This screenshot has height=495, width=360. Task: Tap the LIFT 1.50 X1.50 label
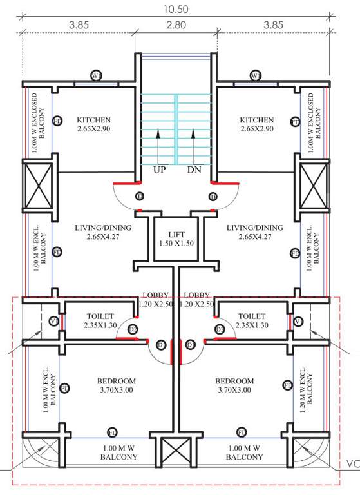coord(176,239)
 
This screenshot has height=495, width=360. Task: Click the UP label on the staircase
coord(160,171)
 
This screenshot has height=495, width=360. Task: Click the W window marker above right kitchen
coord(256,75)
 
